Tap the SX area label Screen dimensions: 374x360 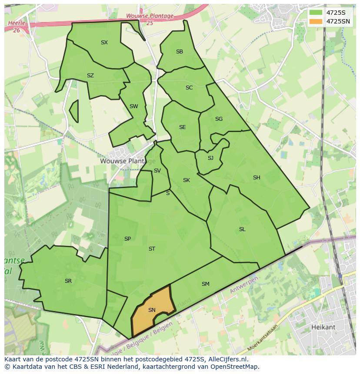coord(104,43)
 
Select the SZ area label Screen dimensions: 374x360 coord(90,76)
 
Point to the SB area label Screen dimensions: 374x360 coord(180,52)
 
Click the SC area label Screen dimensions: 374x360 coord(189,88)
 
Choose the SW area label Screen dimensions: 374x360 coord(134,106)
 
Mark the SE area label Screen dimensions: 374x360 coord(183,127)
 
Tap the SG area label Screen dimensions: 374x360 coord(219,119)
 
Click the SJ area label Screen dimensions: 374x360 coord(210,158)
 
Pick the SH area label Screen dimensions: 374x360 coord(257,178)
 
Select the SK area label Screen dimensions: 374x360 coord(187,180)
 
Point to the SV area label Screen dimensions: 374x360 coord(157,171)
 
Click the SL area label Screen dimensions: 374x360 coord(242,229)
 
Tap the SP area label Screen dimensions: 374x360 coord(127,239)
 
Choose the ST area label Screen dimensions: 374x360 coord(152,249)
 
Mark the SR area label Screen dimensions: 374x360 coord(68,281)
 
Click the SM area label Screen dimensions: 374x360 coord(206,284)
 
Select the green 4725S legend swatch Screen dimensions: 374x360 coord(316,13)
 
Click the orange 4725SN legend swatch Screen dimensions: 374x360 coord(316,21)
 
